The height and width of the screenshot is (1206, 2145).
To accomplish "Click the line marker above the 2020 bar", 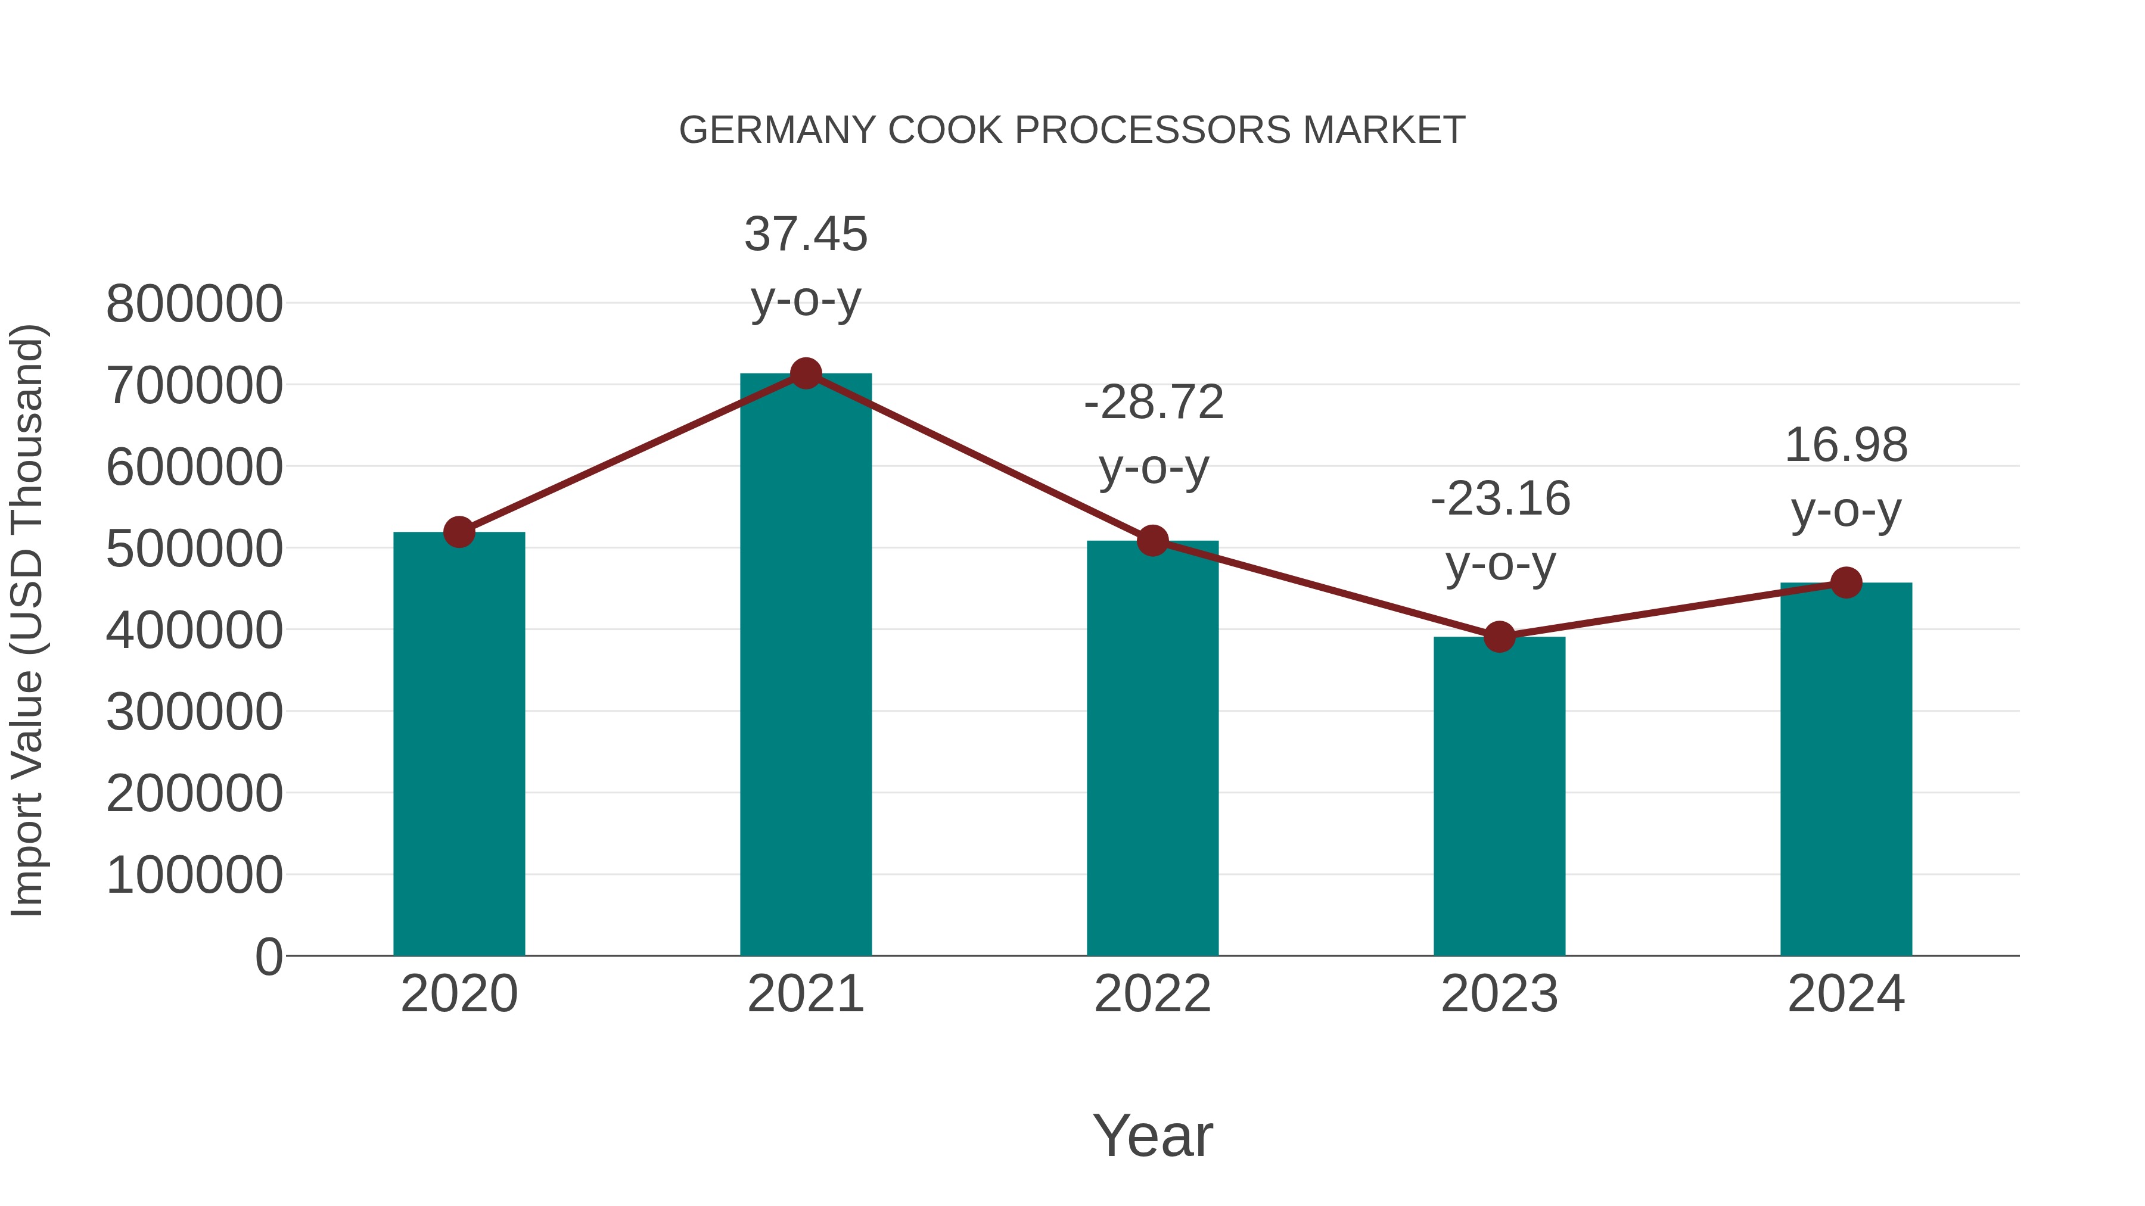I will tap(459, 532).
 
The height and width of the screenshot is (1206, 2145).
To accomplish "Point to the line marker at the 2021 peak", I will tap(805, 373).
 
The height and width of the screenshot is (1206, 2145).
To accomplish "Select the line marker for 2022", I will tap(1152, 541).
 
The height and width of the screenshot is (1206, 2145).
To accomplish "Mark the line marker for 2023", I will tap(1499, 637).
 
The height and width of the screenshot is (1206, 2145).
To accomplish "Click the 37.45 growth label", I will tap(805, 234).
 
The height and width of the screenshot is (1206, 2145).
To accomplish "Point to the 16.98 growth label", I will tap(1846, 445).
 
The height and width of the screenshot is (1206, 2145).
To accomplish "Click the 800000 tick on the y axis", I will tap(194, 304).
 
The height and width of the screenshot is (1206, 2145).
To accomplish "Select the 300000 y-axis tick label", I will tap(194, 712).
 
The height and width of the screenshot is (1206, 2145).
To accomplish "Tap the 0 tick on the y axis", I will tap(268, 957).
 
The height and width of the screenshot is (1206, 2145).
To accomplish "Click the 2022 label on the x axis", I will tap(1152, 994).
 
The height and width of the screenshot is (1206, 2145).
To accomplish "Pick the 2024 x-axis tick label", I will tap(1846, 994).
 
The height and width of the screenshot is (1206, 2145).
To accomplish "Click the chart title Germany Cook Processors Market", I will tap(1072, 130).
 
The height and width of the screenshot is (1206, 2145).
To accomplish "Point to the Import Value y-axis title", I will tap(27, 620).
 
